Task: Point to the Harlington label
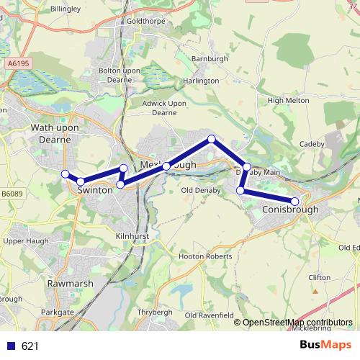(x=201, y=81)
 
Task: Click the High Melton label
(x=282, y=101)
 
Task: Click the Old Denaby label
(x=199, y=190)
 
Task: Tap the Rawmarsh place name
(x=70, y=284)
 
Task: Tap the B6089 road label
(x=12, y=194)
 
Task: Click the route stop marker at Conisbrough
(x=294, y=201)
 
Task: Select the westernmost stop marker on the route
(x=65, y=174)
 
